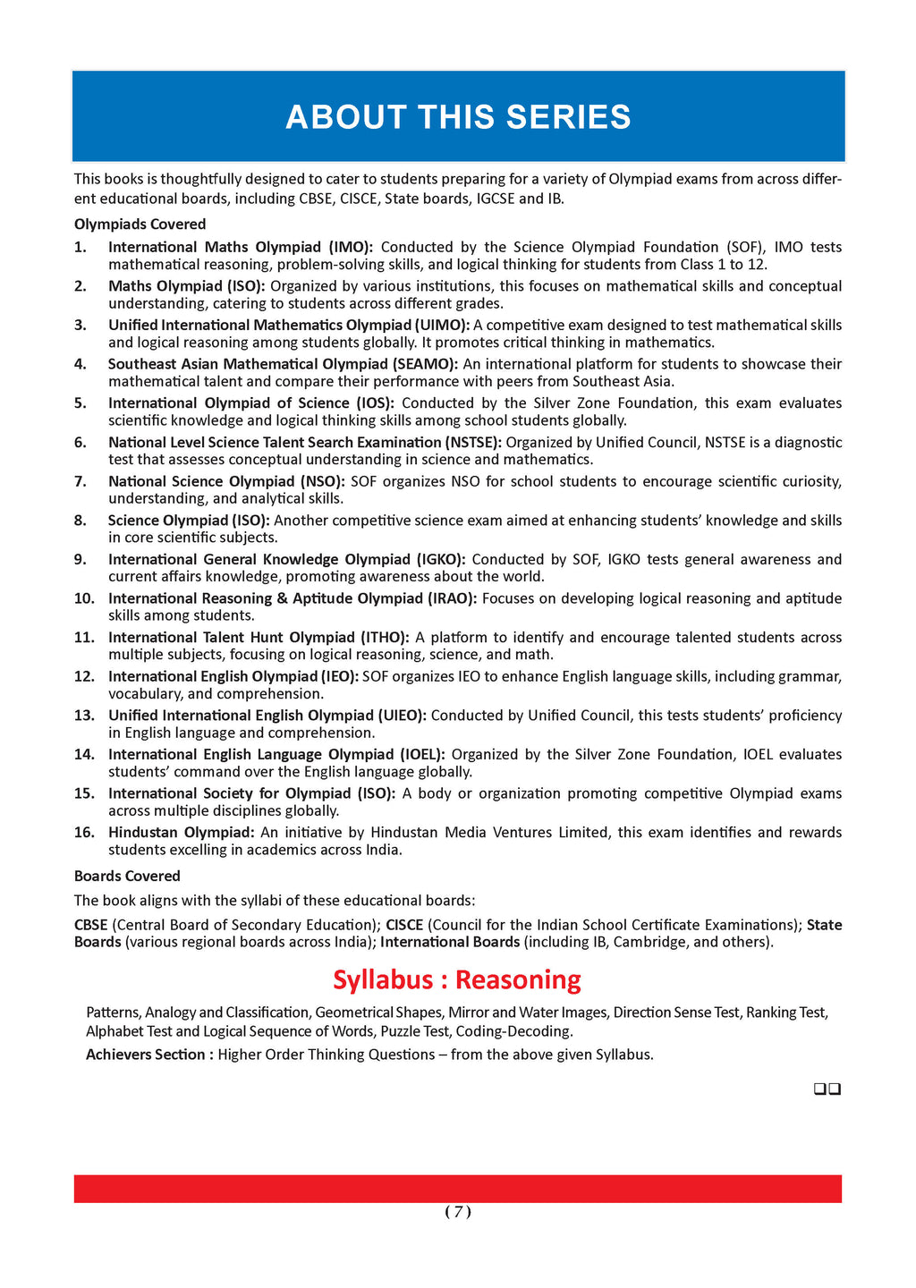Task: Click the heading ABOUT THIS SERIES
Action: [x=458, y=117]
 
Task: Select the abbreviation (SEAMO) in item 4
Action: [x=425, y=364]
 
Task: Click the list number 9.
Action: [x=81, y=559]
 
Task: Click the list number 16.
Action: [x=84, y=833]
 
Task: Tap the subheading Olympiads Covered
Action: [x=140, y=225]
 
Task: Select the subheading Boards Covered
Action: [x=127, y=877]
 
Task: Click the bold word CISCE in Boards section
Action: [x=404, y=925]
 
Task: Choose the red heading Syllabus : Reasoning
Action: [x=457, y=980]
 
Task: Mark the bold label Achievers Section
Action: [x=149, y=1055]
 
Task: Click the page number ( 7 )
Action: [x=457, y=1212]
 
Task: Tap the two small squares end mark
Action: [x=827, y=1089]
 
